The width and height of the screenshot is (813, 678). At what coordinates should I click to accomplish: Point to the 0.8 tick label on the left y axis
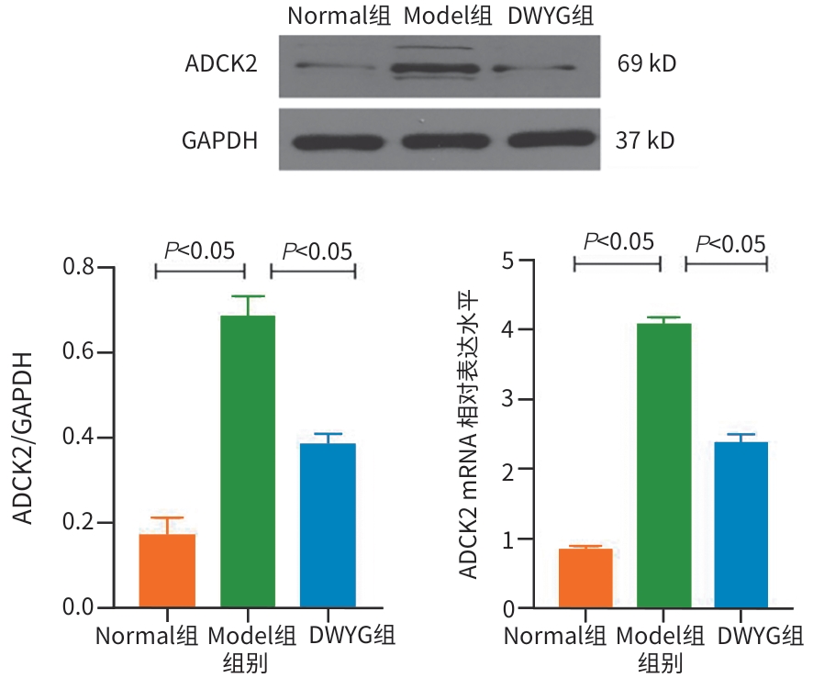tap(80, 268)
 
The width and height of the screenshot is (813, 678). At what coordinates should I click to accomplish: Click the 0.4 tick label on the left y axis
tap(80, 438)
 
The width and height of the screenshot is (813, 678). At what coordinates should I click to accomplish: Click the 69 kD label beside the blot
tap(648, 64)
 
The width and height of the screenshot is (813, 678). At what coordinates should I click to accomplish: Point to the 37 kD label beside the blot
tap(646, 141)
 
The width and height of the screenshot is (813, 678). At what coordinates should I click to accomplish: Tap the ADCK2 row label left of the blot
tap(220, 65)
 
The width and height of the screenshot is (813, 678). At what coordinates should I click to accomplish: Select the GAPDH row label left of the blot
tap(219, 142)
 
